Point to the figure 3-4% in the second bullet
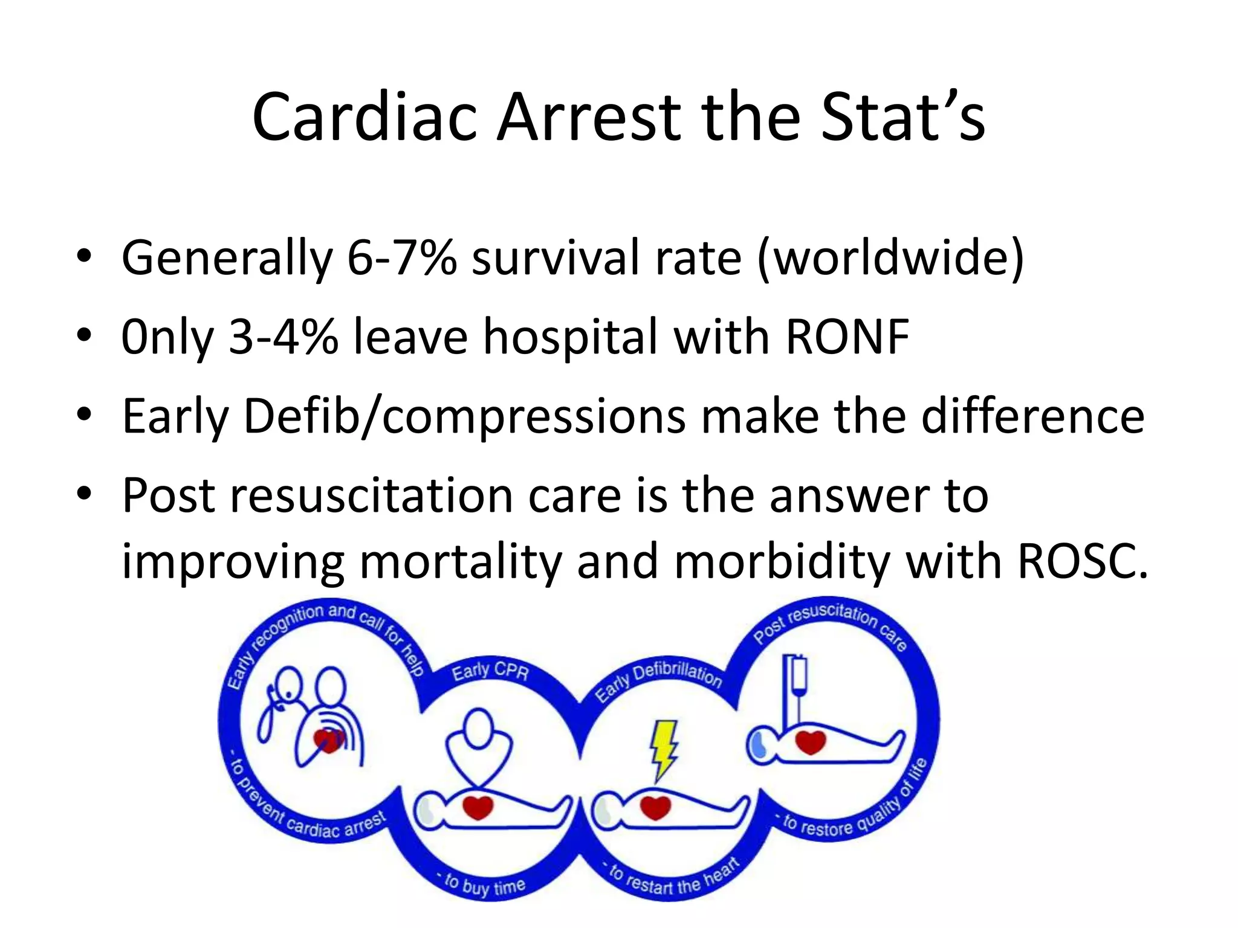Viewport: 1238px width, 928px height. (x=284, y=337)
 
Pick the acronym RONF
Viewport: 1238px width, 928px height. (x=847, y=337)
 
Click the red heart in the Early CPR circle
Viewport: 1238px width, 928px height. (x=478, y=807)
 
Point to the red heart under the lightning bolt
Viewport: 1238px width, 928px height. (x=655, y=807)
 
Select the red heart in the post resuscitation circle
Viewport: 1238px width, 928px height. (x=810, y=741)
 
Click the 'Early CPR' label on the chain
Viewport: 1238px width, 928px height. (x=490, y=670)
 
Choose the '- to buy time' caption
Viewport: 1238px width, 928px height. (x=484, y=883)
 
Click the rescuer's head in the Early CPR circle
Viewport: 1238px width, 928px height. (x=479, y=728)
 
